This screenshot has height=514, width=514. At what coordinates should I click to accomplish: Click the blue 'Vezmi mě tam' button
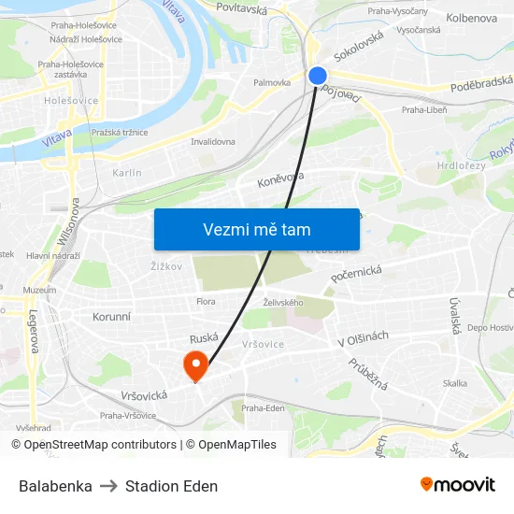click(x=256, y=229)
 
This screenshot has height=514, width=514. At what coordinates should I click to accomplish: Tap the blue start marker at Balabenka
click(x=318, y=76)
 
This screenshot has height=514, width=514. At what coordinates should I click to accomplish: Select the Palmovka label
click(x=271, y=82)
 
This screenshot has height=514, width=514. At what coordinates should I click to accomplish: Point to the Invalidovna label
click(x=213, y=142)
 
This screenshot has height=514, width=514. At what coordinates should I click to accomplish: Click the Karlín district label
click(x=126, y=173)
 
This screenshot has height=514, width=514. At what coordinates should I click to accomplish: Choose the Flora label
click(x=206, y=301)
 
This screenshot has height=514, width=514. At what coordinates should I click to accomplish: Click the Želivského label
click(x=283, y=302)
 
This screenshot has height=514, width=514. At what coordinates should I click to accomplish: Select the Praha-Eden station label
click(x=263, y=408)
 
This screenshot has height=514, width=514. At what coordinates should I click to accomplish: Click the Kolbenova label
click(x=472, y=18)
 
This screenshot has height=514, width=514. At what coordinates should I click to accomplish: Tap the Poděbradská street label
click(x=478, y=86)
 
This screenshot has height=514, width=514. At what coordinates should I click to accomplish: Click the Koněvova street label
click(x=280, y=178)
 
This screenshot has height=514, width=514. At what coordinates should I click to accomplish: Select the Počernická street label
click(x=357, y=273)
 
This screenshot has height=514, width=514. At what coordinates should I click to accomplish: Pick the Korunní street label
click(x=111, y=317)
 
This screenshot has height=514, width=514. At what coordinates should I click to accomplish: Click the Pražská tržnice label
click(x=119, y=133)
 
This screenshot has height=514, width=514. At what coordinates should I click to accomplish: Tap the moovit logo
click(x=457, y=484)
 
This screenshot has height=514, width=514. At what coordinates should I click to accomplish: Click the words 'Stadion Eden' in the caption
click(x=171, y=486)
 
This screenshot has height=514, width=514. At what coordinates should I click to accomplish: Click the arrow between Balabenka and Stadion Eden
click(x=108, y=486)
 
